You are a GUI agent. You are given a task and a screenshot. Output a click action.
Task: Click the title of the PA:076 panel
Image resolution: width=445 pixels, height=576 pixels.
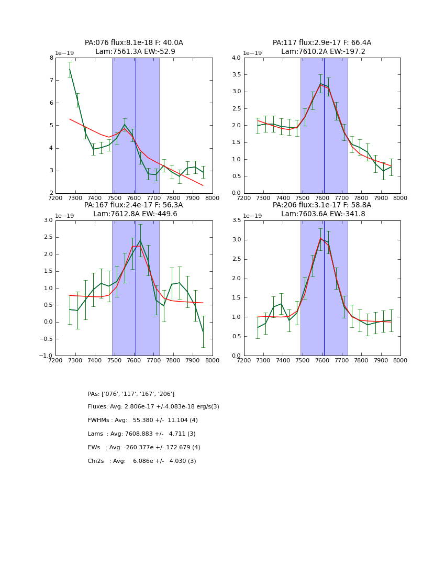[x=134, y=47]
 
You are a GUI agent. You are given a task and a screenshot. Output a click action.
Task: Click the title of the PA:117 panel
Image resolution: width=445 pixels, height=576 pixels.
[x=322, y=47]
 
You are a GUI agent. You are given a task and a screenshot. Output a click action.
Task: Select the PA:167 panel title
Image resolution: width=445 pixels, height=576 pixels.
[x=134, y=209]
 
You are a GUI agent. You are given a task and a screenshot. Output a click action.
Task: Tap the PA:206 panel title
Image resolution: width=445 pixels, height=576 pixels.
[x=322, y=209]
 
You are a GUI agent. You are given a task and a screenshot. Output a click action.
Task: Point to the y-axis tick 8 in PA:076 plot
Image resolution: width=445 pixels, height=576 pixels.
[x=51, y=58]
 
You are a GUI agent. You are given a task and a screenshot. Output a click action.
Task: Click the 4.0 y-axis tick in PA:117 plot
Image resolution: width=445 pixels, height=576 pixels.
[x=236, y=58]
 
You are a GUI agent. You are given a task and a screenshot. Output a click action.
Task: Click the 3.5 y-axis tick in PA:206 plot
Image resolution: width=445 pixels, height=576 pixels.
[x=236, y=220]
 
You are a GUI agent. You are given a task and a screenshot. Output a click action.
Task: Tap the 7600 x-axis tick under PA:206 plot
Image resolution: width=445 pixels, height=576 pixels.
[x=322, y=360]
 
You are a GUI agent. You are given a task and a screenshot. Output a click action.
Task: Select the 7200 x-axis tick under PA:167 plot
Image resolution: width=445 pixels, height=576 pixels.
[x=55, y=360]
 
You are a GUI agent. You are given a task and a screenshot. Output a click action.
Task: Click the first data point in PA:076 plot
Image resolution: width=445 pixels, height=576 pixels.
[x=70, y=69]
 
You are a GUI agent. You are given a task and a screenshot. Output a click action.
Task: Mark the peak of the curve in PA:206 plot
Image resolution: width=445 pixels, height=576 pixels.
[x=320, y=238]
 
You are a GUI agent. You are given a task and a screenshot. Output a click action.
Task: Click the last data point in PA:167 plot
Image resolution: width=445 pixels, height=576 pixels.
[x=203, y=331]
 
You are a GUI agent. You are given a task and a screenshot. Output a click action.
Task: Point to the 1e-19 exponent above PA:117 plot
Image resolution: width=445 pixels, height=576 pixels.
[x=253, y=53]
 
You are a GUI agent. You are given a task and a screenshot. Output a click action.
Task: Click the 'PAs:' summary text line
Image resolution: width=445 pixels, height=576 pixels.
[x=131, y=394]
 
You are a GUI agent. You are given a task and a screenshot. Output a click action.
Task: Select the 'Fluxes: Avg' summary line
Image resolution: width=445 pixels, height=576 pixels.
[x=153, y=407]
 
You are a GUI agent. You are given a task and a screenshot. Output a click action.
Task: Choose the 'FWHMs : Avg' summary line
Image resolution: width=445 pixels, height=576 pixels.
[x=142, y=420]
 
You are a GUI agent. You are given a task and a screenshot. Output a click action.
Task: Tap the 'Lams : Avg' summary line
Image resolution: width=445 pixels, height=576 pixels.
[x=141, y=434]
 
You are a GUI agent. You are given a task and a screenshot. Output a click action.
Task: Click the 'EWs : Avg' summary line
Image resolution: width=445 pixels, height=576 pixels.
[x=144, y=448]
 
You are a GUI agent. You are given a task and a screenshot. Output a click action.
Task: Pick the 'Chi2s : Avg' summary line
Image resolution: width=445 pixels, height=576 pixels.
[x=142, y=461]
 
